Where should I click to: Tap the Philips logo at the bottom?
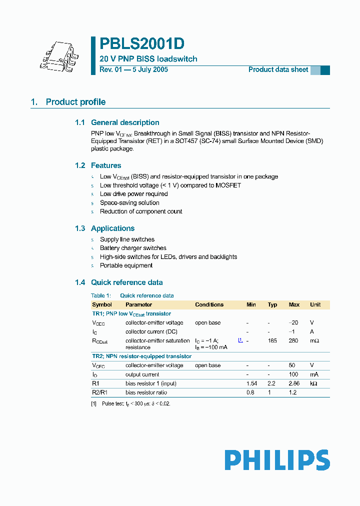point(277,460)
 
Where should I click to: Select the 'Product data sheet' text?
point(278,69)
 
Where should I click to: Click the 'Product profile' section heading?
point(75,102)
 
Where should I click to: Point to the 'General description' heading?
point(125,122)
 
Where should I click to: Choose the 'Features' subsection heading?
point(106,165)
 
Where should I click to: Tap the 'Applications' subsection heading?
point(112,228)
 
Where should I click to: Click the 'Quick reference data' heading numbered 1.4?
point(126,282)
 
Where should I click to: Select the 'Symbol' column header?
point(102,304)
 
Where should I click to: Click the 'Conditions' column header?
point(209,304)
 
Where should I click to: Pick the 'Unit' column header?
point(315,304)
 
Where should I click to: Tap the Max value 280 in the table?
point(293,340)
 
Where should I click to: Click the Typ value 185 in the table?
point(272,340)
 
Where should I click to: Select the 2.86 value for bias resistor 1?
point(294,383)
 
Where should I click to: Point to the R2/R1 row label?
point(99,392)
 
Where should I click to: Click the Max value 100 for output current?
point(294,374)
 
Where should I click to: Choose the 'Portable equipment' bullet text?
point(126,265)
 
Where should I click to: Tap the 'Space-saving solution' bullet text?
point(129,203)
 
